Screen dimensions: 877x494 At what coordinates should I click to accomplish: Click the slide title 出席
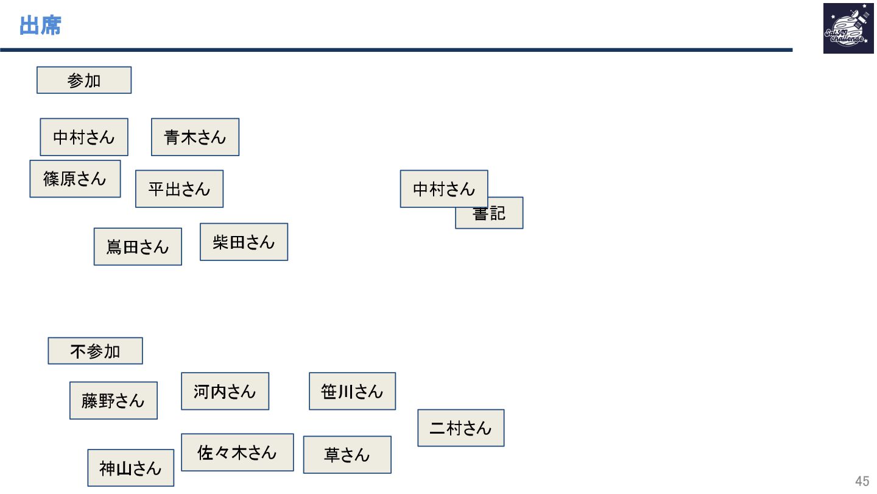tap(40, 26)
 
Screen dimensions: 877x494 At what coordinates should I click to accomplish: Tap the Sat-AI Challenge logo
tap(844, 29)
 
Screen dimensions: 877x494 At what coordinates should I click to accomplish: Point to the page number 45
tap(862, 481)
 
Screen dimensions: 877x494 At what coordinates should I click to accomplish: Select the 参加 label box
tap(84, 81)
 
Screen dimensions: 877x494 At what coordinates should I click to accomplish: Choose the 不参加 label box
tap(95, 351)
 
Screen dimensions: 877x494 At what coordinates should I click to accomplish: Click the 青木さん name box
tap(195, 137)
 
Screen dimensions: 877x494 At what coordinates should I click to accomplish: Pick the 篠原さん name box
tap(75, 179)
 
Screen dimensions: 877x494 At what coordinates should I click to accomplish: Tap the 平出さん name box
tap(179, 189)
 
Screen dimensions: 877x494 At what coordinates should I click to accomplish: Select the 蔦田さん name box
tap(138, 247)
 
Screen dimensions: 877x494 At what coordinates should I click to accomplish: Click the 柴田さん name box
tap(244, 242)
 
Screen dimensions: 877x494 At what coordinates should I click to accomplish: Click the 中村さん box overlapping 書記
tap(443, 189)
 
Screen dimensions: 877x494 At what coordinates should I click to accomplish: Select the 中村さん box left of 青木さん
tap(84, 137)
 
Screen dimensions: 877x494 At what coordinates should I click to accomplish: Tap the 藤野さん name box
tap(113, 401)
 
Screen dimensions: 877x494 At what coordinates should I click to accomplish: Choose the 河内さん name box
tap(225, 392)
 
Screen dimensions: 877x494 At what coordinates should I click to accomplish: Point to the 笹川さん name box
tap(352, 392)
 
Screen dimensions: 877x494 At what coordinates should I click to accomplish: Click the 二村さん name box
tap(460, 428)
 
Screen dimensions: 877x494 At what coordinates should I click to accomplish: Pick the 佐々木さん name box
tap(237, 453)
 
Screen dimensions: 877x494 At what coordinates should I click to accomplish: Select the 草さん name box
tap(347, 455)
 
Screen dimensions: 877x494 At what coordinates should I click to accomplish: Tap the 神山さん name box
tap(130, 468)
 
